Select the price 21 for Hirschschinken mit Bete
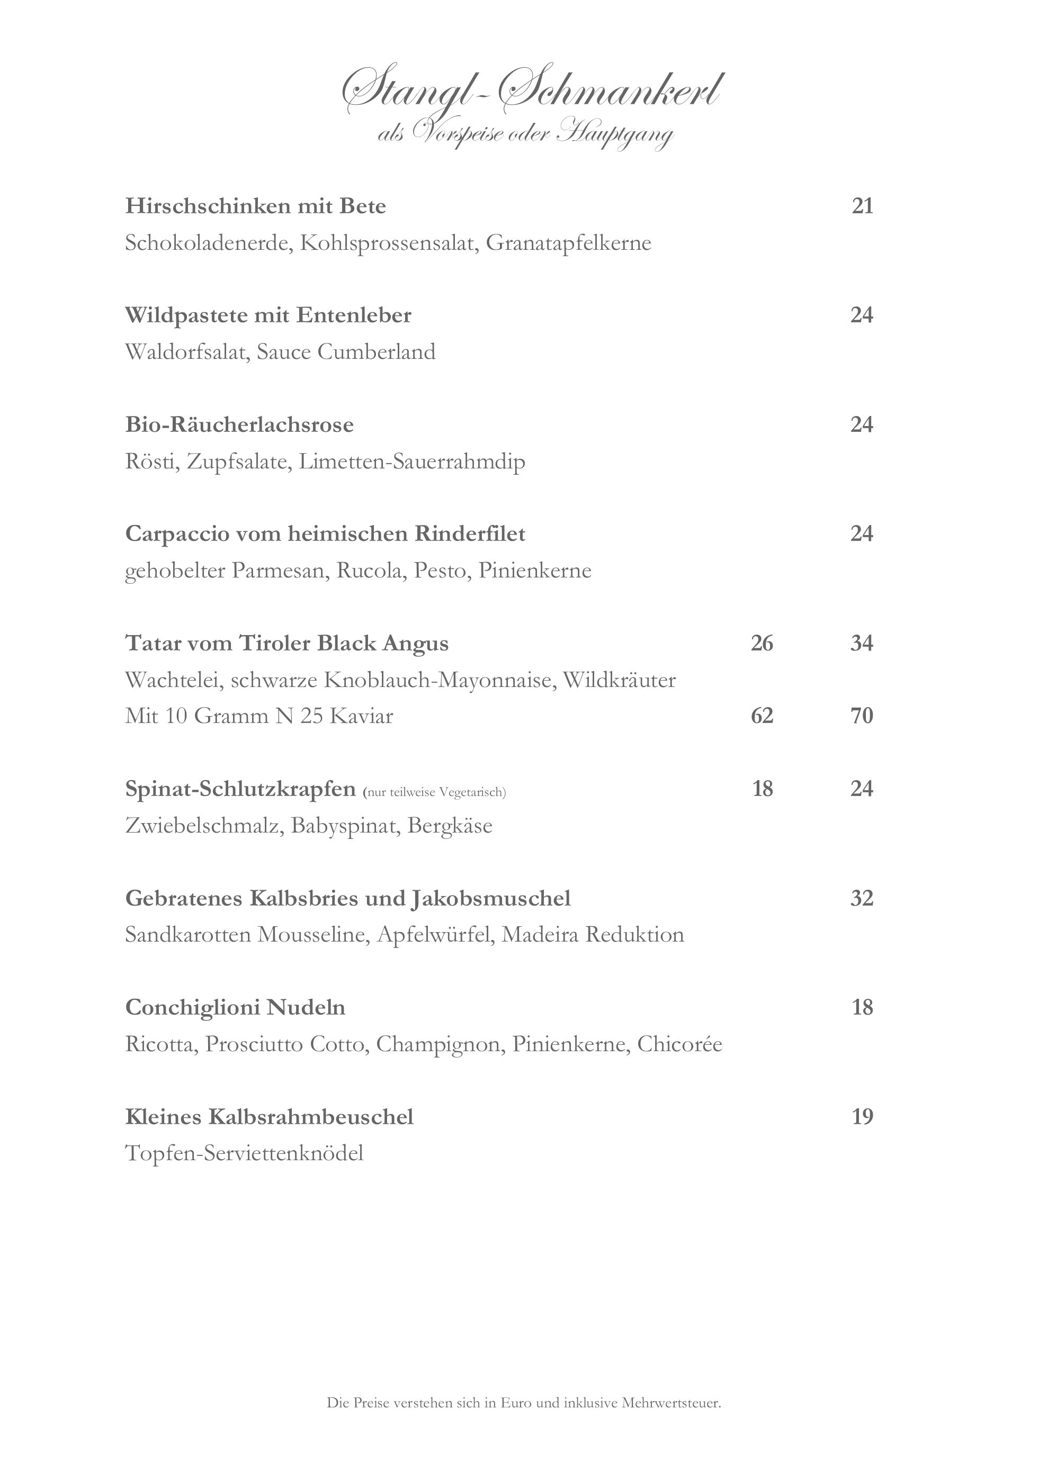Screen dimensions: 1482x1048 tap(862, 206)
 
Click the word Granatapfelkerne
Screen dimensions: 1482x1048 tap(568, 243)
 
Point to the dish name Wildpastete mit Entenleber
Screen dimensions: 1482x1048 tap(268, 315)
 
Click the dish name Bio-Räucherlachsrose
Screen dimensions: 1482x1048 tap(239, 424)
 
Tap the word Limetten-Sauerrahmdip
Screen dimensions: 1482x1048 tap(411, 462)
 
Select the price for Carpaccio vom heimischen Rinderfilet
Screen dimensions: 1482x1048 tap(862, 534)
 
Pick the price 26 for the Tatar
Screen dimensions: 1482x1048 tap(762, 644)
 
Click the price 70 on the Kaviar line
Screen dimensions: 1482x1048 tap(862, 716)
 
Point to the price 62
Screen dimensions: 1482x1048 tap(762, 716)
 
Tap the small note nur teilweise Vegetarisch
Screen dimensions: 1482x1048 tap(435, 792)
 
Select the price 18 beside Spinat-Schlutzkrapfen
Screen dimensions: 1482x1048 tap(763, 789)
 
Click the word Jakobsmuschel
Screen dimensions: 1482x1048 tap(491, 899)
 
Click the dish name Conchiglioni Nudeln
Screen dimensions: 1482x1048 tap(235, 1008)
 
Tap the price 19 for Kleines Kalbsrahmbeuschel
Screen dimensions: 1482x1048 tap(862, 1117)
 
